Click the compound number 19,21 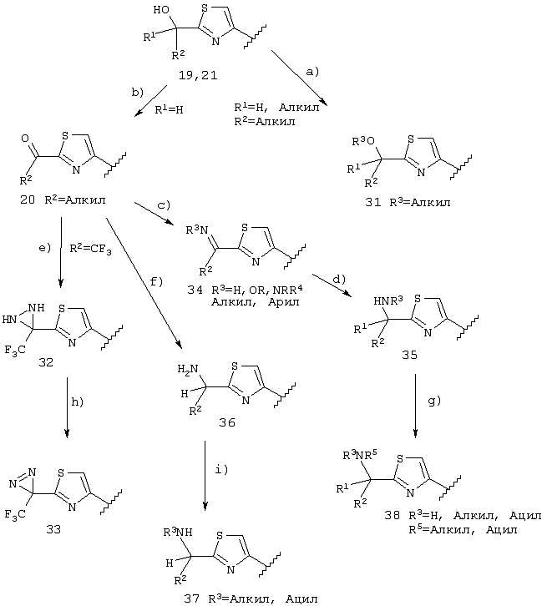(198, 75)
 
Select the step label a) (312, 72)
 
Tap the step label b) (137, 93)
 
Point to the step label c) (164, 205)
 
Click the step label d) (339, 279)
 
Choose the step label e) (44, 248)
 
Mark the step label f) (156, 282)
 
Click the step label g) (434, 401)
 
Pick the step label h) (77, 402)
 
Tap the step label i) (221, 470)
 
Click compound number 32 (46, 362)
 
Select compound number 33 (53, 529)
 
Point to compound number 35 (409, 355)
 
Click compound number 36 (227, 422)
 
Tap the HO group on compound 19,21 (161, 10)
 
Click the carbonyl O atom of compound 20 (25, 139)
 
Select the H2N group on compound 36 (188, 370)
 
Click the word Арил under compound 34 (283, 302)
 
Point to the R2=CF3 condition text (90, 249)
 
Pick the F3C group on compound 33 (15, 514)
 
